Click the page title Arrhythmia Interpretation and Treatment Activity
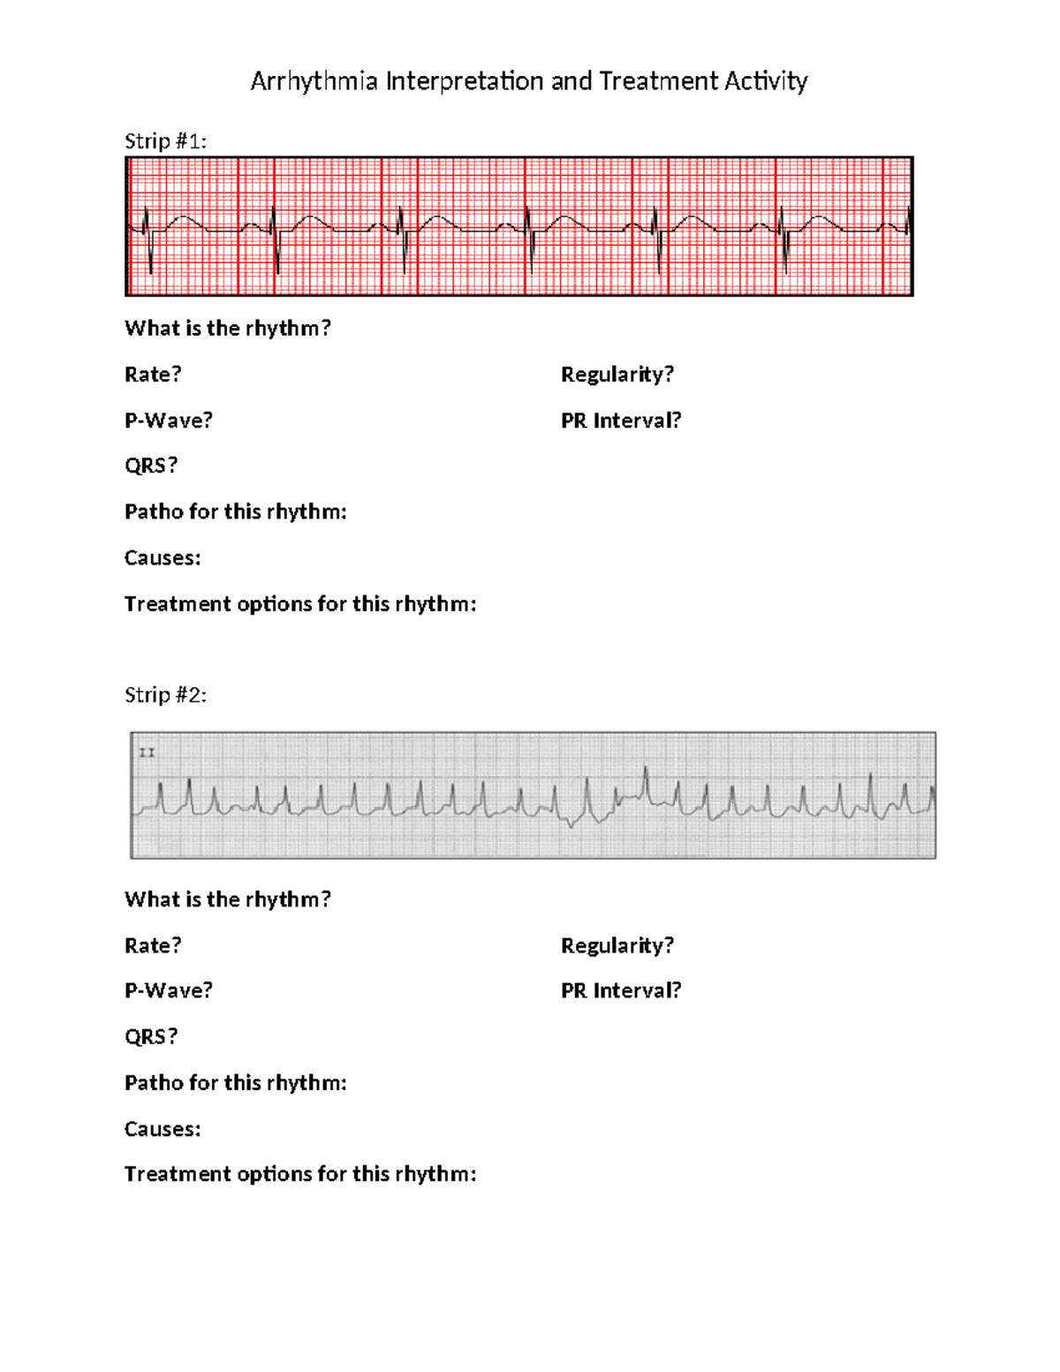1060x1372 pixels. (x=528, y=81)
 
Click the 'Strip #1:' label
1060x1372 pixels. (x=165, y=141)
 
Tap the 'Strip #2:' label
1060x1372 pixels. (x=165, y=695)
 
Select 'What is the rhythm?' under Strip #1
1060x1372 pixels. (x=227, y=329)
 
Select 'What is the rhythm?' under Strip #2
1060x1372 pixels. (x=227, y=899)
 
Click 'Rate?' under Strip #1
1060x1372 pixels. (x=153, y=375)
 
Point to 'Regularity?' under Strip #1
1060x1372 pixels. (x=617, y=375)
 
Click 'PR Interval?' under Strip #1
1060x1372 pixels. (x=621, y=421)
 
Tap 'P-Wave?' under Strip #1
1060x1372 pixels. (x=169, y=421)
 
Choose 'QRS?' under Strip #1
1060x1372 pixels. (x=151, y=466)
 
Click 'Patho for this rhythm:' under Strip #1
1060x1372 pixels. (x=235, y=512)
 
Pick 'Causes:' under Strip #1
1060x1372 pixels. (x=163, y=558)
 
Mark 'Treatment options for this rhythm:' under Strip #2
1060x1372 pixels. (x=300, y=1174)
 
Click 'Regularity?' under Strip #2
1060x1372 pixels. (x=617, y=945)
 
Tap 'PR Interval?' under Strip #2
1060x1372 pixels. (x=621, y=990)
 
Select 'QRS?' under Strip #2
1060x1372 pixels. (x=151, y=1036)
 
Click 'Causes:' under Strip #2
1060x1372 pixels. (x=163, y=1129)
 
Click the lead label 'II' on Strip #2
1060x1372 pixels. (x=147, y=753)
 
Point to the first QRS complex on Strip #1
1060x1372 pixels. (x=148, y=239)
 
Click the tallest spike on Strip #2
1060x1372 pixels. (x=646, y=777)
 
